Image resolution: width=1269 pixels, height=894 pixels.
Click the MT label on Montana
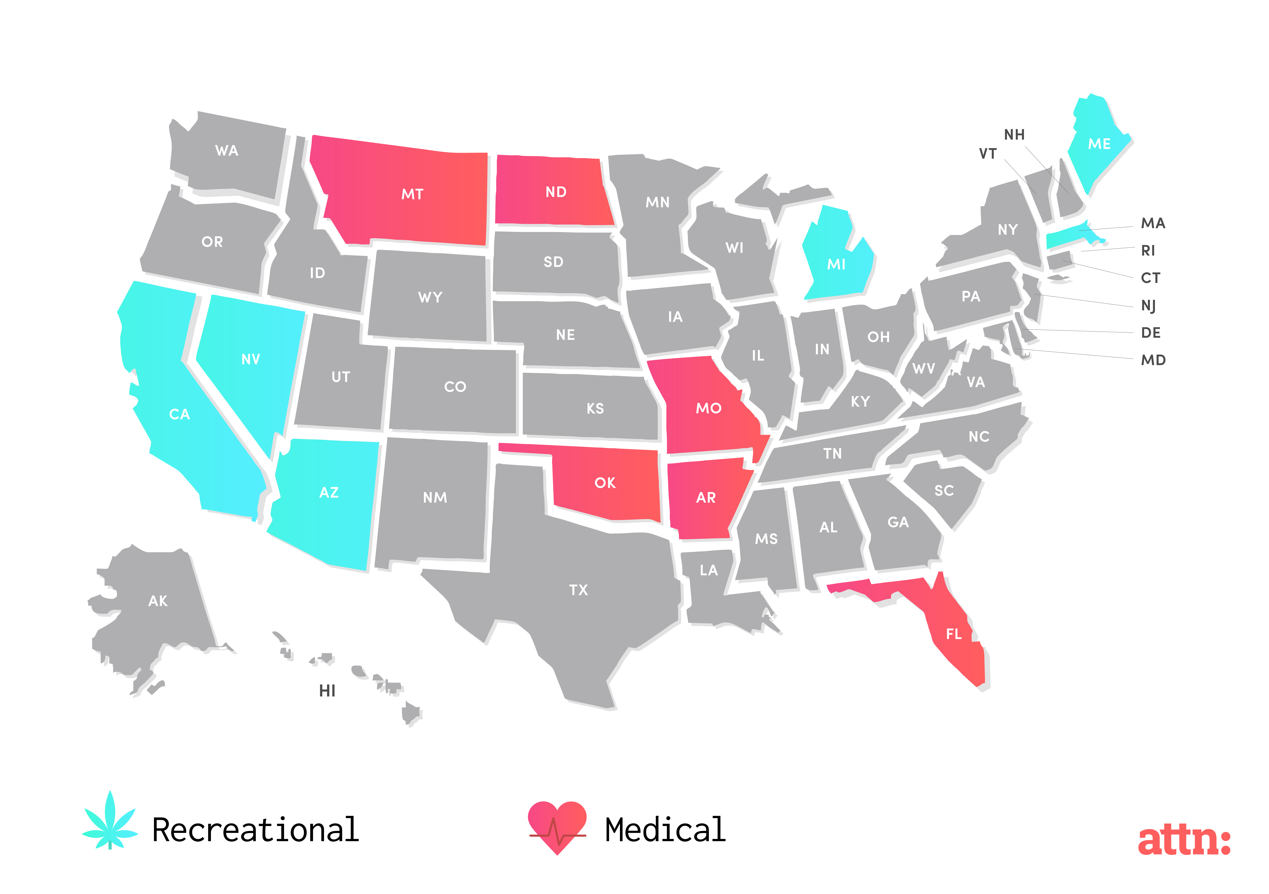tap(412, 194)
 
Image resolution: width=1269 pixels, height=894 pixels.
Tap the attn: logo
tap(1184, 841)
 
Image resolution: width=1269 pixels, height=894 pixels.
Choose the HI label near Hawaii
tap(327, 691)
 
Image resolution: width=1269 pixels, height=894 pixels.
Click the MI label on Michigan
tap(836, 264)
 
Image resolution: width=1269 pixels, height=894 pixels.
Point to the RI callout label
tap(1148, 250)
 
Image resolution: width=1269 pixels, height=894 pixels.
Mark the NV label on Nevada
tap(250, 359)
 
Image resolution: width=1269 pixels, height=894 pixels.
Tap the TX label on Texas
tap(579, 590)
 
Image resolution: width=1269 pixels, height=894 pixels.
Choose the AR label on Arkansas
tap(706, 498)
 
